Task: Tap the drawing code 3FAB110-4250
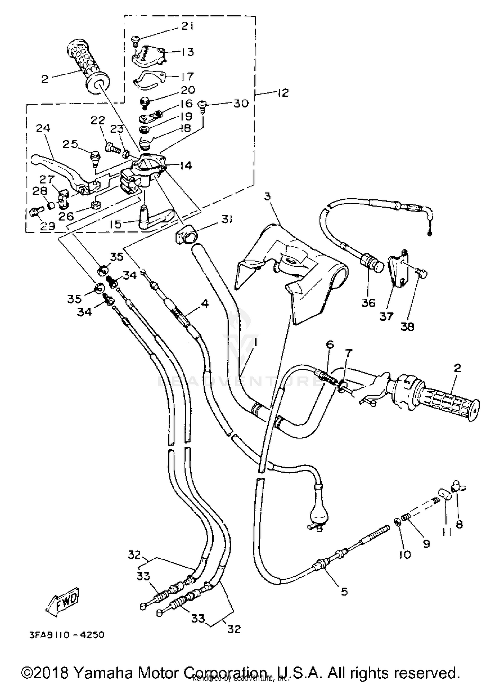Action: (67, 635)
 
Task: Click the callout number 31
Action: (227, 219)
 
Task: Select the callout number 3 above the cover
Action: (268, 196)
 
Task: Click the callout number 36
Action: (368, 302)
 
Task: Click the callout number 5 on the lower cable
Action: (344, 591)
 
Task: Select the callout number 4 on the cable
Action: (204, 303)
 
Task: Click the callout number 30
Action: (241, 104)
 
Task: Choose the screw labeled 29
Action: (33, 212)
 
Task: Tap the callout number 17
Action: (187, 76)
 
